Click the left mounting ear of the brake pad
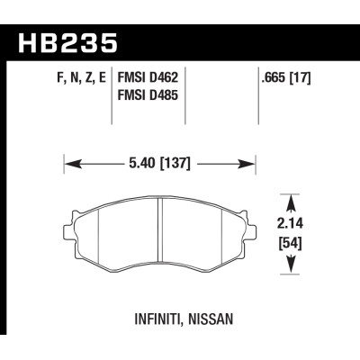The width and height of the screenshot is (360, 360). coord(71,219)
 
